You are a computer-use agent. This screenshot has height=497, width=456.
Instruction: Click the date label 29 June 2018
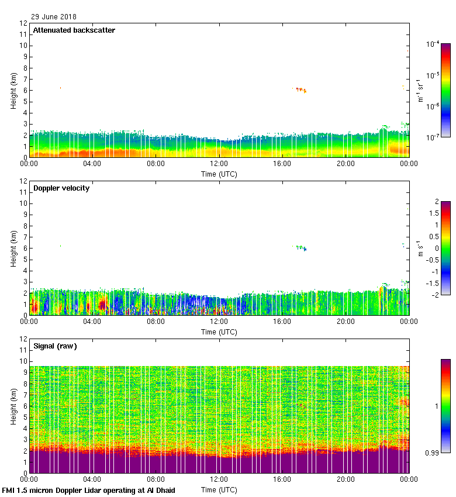coord(54,17)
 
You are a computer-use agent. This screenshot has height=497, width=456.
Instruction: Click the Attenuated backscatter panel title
coord(74,30)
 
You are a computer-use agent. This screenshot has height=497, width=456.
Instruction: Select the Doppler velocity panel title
coord(61,188)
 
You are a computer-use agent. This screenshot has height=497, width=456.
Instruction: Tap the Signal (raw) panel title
coord(55,346)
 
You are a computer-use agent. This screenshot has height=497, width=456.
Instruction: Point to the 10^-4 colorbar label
coord(433,44)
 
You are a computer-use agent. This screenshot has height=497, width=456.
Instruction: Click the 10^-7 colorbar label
coord(433,137)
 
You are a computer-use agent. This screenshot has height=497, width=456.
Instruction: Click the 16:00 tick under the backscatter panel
coord(282,164)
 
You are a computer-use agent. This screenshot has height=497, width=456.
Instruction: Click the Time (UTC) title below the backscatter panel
coord(219,174)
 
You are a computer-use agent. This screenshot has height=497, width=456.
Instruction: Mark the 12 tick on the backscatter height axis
coord(24,23)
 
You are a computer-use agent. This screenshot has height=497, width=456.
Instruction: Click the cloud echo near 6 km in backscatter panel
coord(300,89)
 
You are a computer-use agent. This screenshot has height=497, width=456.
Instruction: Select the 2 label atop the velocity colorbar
coord(436,202)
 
